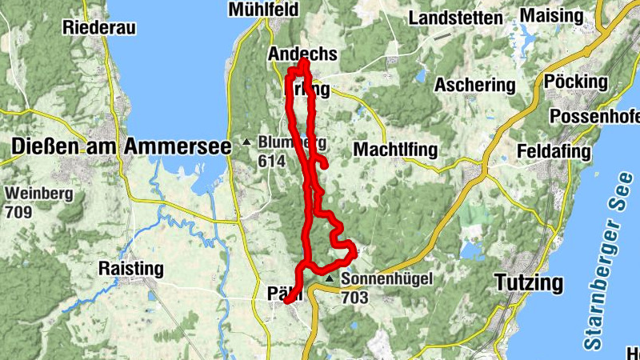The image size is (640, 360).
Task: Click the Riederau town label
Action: coord(101,27)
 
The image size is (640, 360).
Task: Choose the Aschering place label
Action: coord(475,85)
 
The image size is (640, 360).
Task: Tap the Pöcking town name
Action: coord(575,82)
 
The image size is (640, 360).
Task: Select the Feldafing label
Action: coord(554,151)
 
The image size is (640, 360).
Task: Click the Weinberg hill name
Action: coord(39,193)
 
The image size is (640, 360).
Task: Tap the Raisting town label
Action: coord(130,268)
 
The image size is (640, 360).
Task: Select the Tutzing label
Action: coord(528,283)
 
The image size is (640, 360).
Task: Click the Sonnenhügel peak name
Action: coord(386,279)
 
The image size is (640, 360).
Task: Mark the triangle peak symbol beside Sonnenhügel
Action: coord(328,278)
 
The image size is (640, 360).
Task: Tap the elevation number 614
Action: coord(272,161)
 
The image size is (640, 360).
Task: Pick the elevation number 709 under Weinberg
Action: coord(19,213)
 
